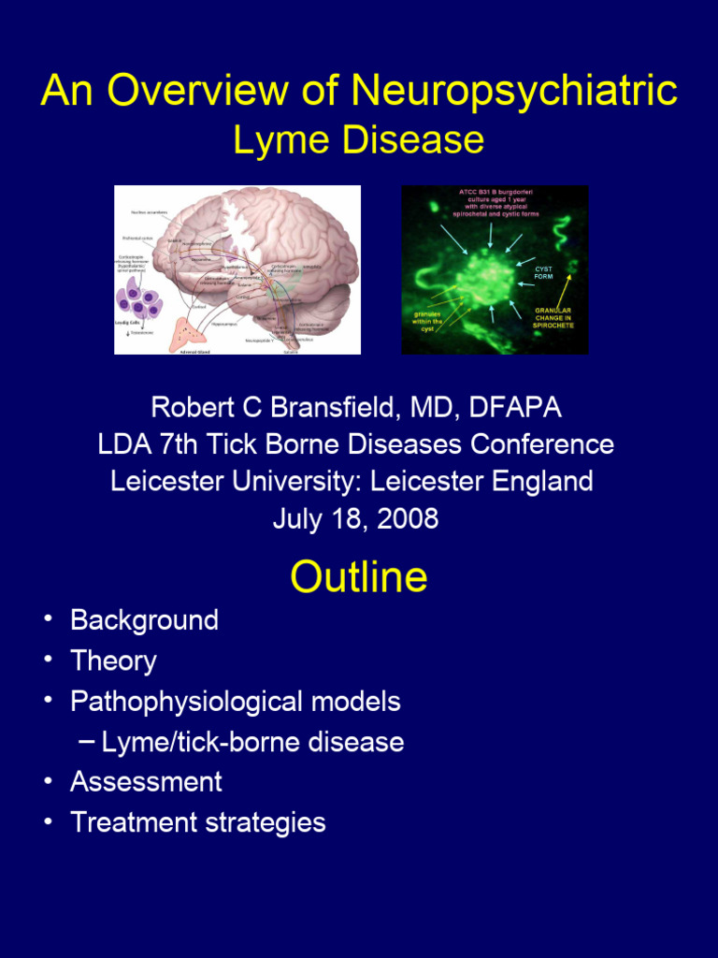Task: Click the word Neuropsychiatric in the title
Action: (x=514, y=92)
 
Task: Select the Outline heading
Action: (x=358, y=577)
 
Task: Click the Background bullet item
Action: (x=144, y=620)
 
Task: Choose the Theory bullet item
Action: (x=113, y=660)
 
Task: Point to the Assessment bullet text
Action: (x=146, y=781)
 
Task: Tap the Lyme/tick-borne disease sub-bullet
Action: (x=252, y=742)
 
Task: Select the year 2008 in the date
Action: (x=408, y=518)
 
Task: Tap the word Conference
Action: (x=542, y=444)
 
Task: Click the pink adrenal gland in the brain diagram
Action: (x=197, y=331)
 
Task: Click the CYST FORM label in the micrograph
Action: (x=543, y=272)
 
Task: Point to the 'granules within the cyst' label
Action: (x=427, y=321)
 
